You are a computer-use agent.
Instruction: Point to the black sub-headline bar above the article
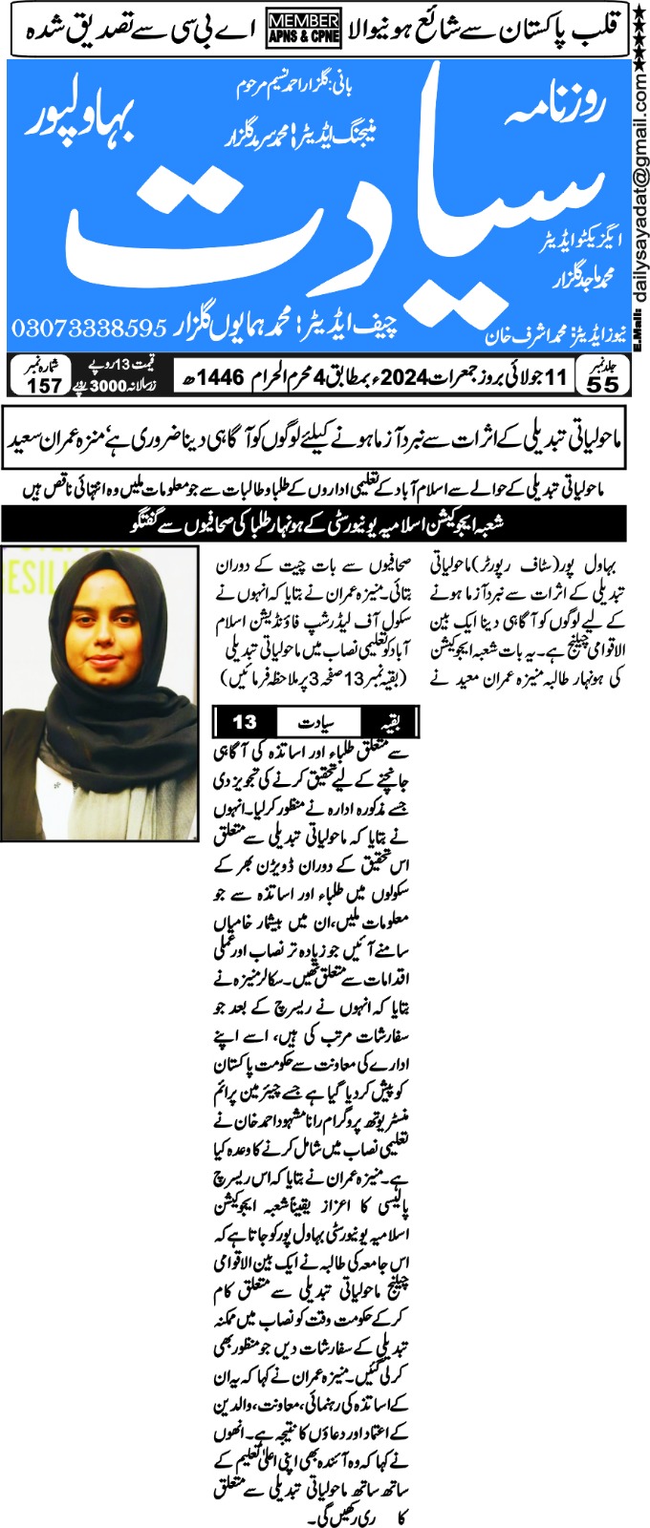tap(314, 524)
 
